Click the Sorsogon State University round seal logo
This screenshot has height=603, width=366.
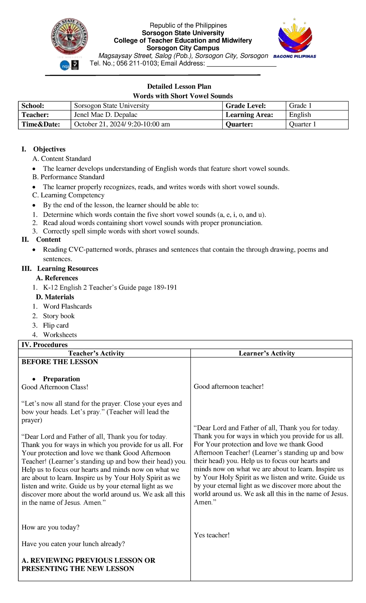(70, 37)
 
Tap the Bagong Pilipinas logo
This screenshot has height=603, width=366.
(295, 38)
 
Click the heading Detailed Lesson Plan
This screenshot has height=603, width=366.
(179, 86)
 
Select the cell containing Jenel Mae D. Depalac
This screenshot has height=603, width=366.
(146, 115)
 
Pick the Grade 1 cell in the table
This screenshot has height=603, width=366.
(317, 106)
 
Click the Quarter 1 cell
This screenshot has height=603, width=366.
(317, 124)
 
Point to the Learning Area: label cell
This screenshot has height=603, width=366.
(254, 115)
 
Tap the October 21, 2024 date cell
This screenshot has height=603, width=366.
(146, 124)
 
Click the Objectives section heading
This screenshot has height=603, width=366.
(49, 149)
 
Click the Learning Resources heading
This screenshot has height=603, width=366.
(67, 269)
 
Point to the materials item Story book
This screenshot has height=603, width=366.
(59, 316)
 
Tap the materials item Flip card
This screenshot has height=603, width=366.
(56, 325)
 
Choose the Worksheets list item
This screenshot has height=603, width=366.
(60, 335)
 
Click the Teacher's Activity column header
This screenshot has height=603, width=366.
(96, 353)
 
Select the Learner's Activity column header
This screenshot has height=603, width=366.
(267, 353)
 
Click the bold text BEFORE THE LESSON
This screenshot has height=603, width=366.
(60, 362)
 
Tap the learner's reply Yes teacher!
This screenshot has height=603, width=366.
(212, 535)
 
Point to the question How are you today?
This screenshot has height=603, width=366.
(50, 527)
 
